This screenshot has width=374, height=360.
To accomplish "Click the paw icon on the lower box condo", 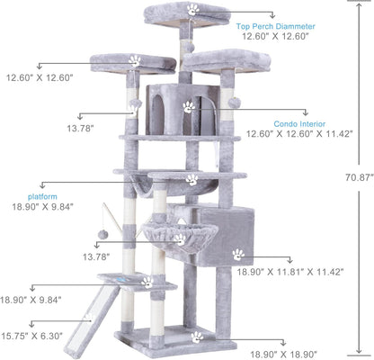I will point(237,255).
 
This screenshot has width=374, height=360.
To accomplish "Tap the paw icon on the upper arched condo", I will point(188,106).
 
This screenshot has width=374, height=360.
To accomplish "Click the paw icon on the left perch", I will point(135,61).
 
